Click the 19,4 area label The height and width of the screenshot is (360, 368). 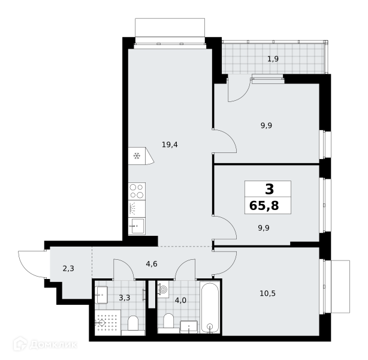pyautogui.click(x=170, y=145)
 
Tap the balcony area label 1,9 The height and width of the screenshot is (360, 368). pyautogui.click(x=273, y=59)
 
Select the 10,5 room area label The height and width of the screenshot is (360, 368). pyautogui.click(x=267, y=293)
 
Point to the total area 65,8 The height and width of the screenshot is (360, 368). pyautogui.click(x=264, y=206)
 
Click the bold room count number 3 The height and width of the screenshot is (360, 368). pyautogui.click(x=269, y=189)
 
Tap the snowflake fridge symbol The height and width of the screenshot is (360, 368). pyautogui.click(x=137, y=156)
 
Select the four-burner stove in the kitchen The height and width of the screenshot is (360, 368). pyautogui.click(x=137, y=191)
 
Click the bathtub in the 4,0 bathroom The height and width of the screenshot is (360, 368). pyautogui.click(x=210, y=307)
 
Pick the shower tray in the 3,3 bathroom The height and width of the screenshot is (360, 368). pyautogui.click(x=108, y=322)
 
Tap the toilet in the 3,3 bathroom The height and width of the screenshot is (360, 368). pyautogui.click(x=133, y=325)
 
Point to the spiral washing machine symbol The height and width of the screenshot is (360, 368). pyautogui.click(x=163, y=290)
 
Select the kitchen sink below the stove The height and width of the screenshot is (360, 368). pyautogui.click(x=137, y=226)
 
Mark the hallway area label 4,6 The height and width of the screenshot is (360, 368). pyautogui.click(x=152, y=264)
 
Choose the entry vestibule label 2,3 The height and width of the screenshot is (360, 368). pyautogui.click(x=68, y=268)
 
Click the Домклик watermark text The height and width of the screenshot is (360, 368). pyautogui.click(x=53, y=345)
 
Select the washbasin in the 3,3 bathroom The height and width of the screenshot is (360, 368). pyautogui.click(x=101, y=295)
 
